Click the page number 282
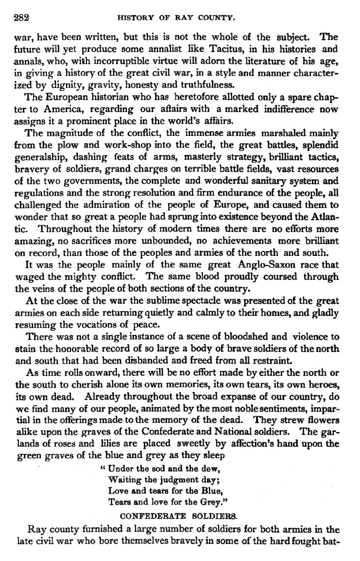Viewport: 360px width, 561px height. (x=21, y=18)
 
